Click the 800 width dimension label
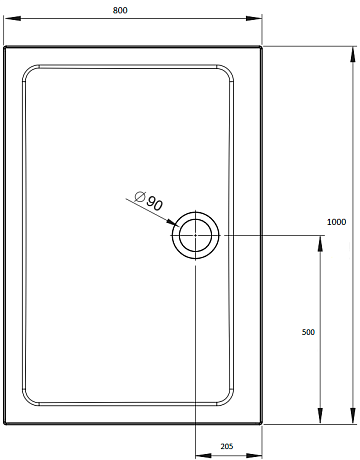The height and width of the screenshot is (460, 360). (120, 10)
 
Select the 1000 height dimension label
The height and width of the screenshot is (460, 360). (336, 222)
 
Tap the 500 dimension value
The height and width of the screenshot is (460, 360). (308, 332)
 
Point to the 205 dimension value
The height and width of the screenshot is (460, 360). (227, 446)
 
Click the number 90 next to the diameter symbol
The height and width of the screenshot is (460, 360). (154, 203)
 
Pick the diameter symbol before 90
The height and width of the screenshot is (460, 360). (140, 196)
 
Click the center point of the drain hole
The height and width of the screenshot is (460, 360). (195, 235)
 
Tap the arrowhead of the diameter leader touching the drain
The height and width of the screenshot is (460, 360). (173, 223)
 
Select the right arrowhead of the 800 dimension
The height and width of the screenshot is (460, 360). (254, 18)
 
